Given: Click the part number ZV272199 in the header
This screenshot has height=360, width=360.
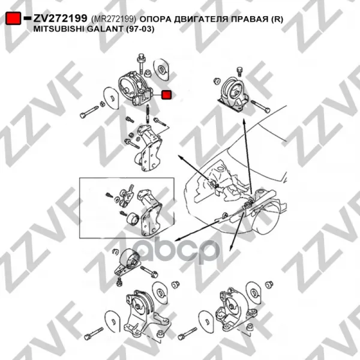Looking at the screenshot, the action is coord(61,19).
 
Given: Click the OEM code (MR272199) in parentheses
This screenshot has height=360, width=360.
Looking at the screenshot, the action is coord(113,19).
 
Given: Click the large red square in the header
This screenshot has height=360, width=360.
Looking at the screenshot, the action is coord(13,19).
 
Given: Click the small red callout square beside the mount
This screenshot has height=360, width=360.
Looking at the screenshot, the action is coord(166,95).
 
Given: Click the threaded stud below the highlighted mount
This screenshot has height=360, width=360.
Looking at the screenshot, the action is coord(146,114).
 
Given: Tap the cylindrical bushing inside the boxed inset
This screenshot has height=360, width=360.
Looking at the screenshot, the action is coord(132,220).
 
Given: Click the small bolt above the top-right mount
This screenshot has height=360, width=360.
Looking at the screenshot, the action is coord(239,71).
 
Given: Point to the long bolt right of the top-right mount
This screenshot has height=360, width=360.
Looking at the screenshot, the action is coord(261,107).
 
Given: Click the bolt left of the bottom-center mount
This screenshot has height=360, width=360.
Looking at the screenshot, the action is coord(94,334).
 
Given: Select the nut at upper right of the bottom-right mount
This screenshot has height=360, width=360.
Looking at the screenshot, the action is coord(269,284).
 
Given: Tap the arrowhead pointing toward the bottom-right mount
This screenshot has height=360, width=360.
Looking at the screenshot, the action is coord(232,247).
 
